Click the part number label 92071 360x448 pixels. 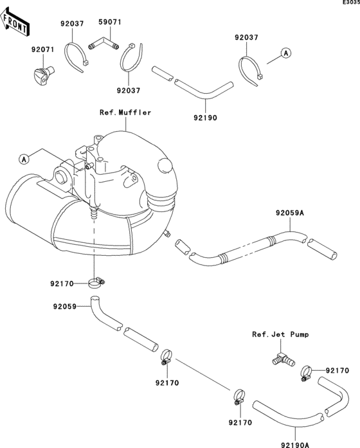(x=42, y=49)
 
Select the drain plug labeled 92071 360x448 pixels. (x=44, y=75)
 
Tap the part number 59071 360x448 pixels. (x=110, y=22)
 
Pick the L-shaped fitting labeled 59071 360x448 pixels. (x=104, y=43)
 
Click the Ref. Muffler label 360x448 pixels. (x=125, y=112)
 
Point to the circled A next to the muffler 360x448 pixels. (x=24, y=159)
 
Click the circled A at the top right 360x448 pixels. (x=286, y=53)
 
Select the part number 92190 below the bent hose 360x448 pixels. (x=205, y=118)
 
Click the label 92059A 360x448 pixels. (x=290, y=213)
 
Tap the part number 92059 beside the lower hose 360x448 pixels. (x=64, y=307)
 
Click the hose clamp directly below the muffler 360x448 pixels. (x=96, y=283)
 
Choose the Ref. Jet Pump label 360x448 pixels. (x=280, y=334)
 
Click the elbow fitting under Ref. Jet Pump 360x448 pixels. (x=283, y=360)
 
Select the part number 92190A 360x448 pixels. (x=295, y=445)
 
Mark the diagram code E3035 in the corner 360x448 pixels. (x=352, y=3)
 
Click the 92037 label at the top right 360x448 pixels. (x=246, y=37)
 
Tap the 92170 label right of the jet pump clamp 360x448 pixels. (x=337, y=371)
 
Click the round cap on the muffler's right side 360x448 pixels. (x=165, y=165)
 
